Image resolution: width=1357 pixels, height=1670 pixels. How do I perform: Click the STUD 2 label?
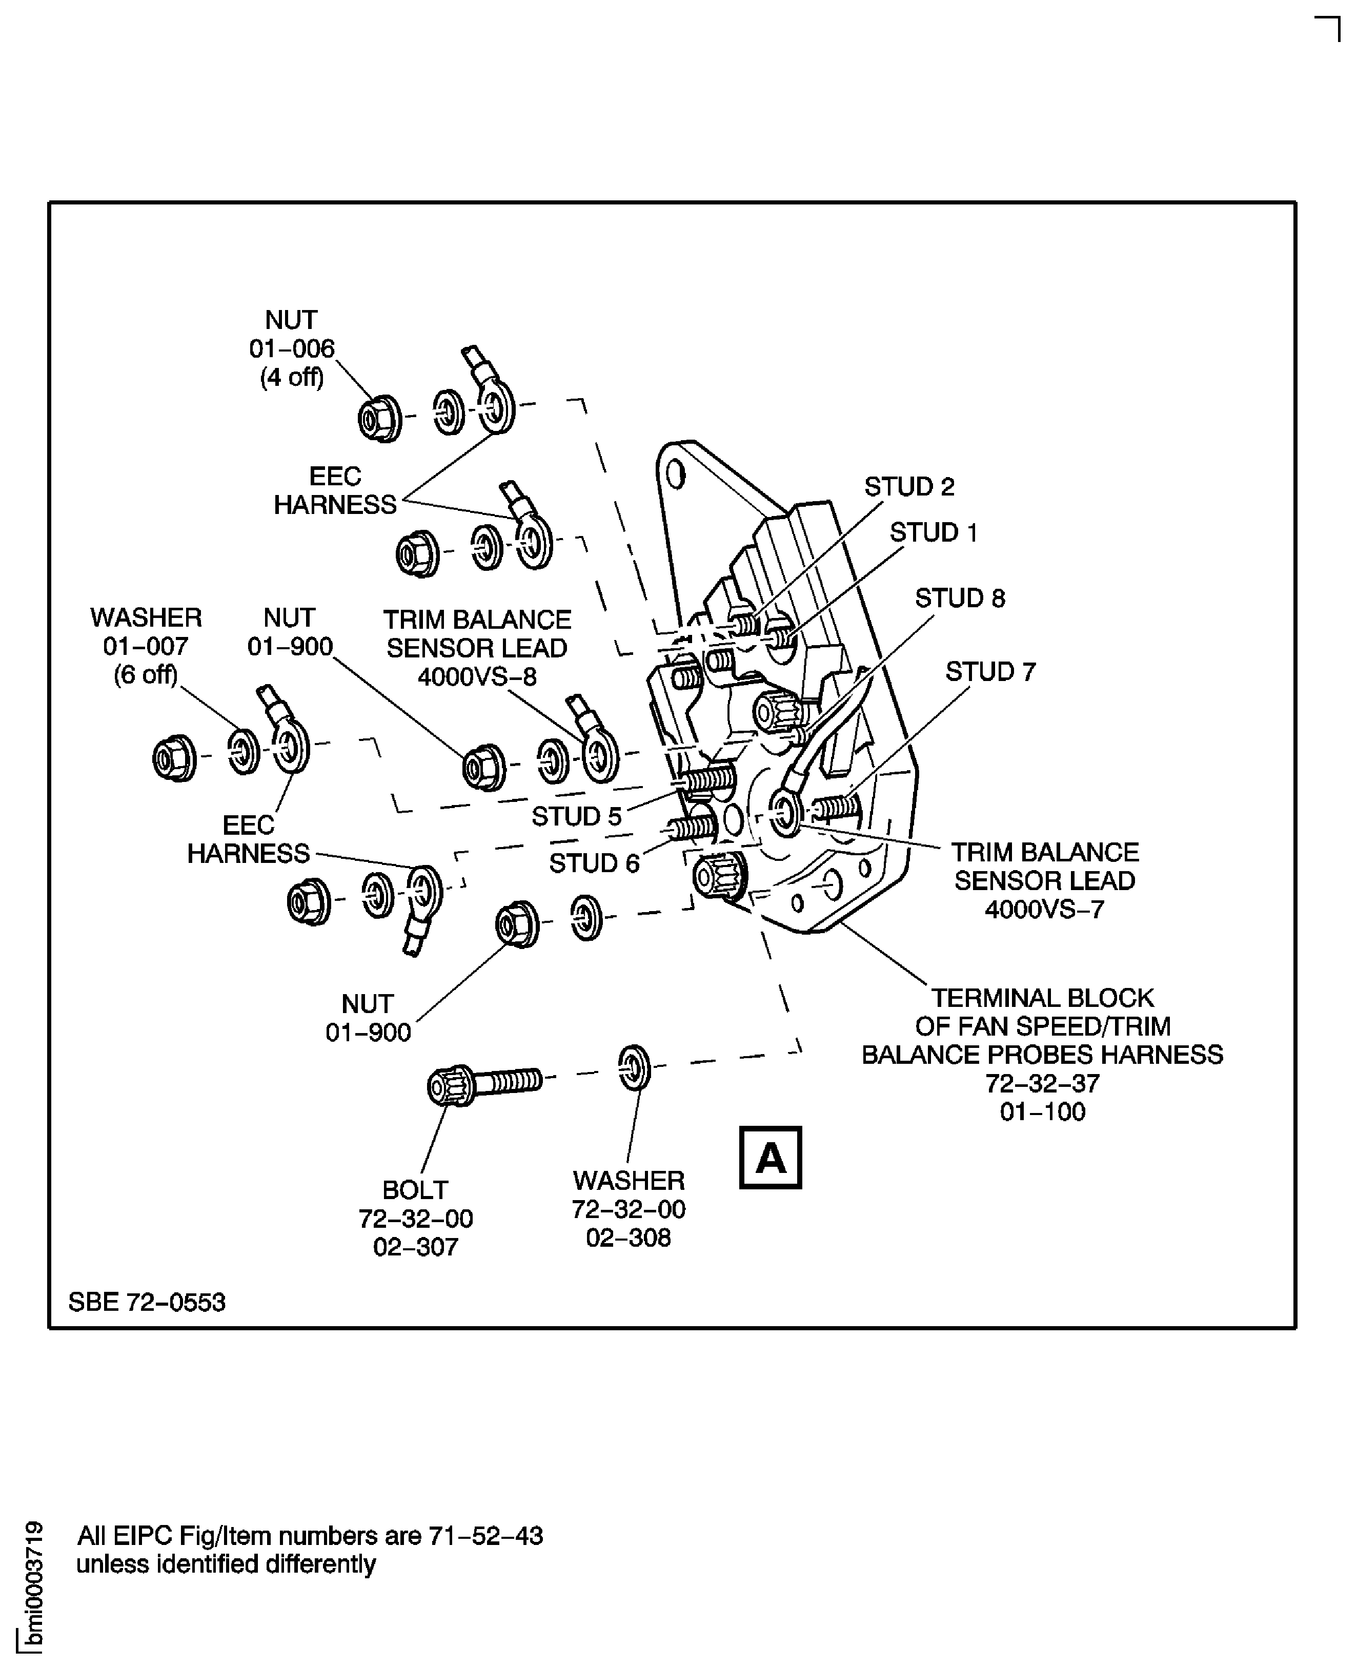point(908,487)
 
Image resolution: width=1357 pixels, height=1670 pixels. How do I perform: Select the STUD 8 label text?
point(959,598)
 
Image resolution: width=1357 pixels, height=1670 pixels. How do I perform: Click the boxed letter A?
point(770,1158)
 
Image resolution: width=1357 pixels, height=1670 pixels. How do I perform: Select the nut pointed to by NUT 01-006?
point(379,420)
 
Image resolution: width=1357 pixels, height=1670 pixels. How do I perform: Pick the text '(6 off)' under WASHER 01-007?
point(146,674)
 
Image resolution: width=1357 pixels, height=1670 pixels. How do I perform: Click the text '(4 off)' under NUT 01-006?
point(292,378)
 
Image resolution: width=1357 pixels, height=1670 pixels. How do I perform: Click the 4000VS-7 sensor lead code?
point(1044,910)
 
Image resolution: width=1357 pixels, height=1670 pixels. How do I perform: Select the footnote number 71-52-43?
point(485,1536)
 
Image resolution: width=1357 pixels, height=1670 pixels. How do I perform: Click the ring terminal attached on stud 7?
point(785,813)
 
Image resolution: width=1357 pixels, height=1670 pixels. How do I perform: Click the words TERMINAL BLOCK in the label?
point(1042,998)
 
